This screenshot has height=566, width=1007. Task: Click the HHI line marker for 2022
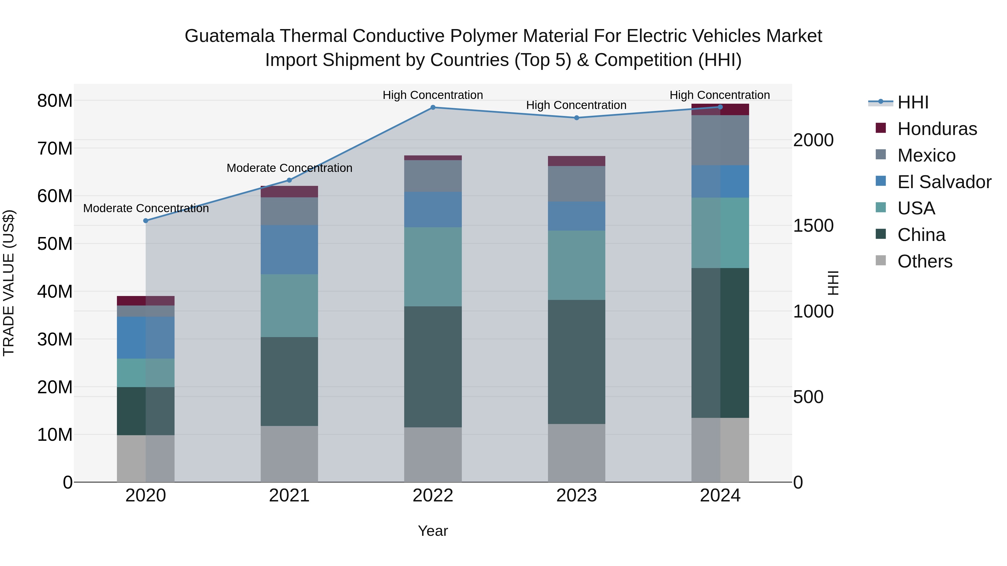pyautogui.click(x=433, y=107)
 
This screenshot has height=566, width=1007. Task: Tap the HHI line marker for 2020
pyautogui.click(x=146, y=221)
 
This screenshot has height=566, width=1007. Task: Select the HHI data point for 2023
pyautogui.click(x=577, y=118)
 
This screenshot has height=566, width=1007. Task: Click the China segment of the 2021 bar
pyautogui.click(x=289, y=381)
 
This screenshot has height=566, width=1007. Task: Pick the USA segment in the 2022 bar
pyautogui.click(x=433, y=267)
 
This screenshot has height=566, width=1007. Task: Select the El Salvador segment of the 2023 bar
pyautogui.click(x=577, y=216)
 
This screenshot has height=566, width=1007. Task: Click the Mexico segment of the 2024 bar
pyautogui.click(x=720, y=140)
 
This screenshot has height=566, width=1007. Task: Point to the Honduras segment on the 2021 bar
pyautogui.click(x=289, y=192)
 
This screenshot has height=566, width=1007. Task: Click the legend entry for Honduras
pyautogui.click(x=937, y=129)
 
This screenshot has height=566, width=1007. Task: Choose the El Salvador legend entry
pyautogui.click(x=944, y=182)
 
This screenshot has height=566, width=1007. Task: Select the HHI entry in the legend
pyautogui.click(x=912, y=102)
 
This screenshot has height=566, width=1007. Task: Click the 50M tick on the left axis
pyautogui.click(x=55, y=244)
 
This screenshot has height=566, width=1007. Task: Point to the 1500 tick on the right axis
pyautogui.click(x=813, y=226)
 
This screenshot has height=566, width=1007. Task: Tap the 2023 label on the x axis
pyautogui.click(x=577, y=496)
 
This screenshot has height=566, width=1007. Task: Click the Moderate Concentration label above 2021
pyautogui.click(x=289, y=168)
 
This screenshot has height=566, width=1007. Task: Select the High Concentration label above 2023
pyautogui.click(x=576, y=105)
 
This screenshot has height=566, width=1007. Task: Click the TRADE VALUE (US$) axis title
pyautogui.click(x=9, y=283)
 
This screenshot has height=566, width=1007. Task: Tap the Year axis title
pyautogui.click(x=433, y=531)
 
